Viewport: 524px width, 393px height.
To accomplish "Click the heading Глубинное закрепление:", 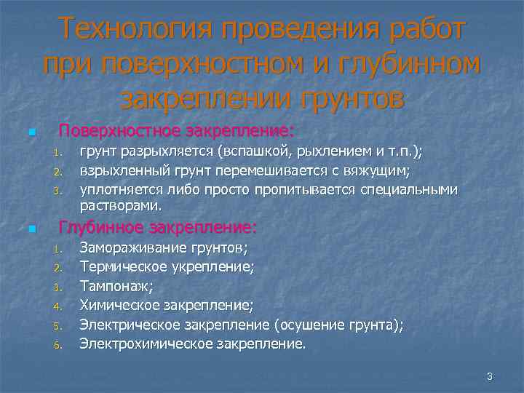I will pyautogui.click(x=158, y=228).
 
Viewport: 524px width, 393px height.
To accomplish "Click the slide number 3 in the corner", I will pyautogui.click(x=490, y=376).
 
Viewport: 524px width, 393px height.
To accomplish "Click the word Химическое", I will pyautogui.click(x=119, y=305).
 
